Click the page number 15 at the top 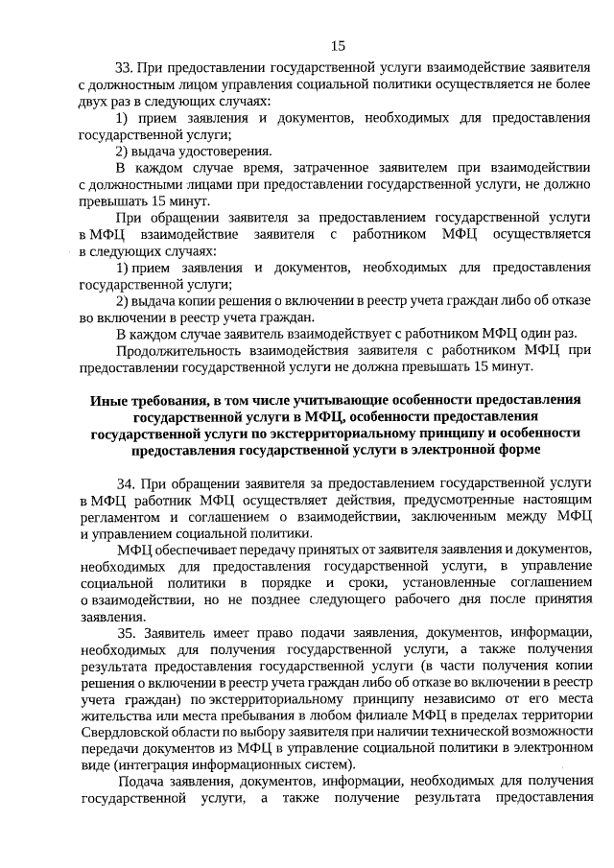pos(338,45)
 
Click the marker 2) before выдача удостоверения pos(123,151)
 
